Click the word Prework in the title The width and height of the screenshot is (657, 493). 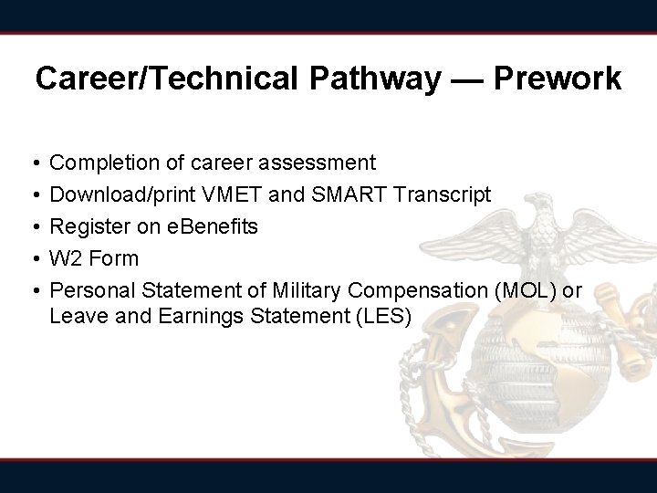558,79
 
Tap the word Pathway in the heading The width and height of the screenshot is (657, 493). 383,79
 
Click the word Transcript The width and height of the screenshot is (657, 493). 445,194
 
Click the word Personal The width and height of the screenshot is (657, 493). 92,290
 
